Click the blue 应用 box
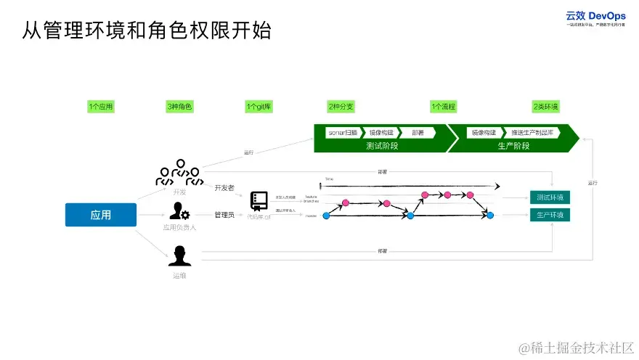click(101, 215)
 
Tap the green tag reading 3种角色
click(179, 107)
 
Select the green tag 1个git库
click(259, 107)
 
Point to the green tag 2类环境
click(545, 107)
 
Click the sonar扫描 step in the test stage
click(342, 133)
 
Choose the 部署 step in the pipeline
click(417, 133)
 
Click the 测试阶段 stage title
click(381, 145)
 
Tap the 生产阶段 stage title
click(513, 145)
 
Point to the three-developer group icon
click(179, 173)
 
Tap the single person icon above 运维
click(179, 255)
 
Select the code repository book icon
click(259, 201)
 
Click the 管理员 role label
click(224, 215)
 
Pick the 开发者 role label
click(224, 187)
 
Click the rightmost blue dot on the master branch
click(490, 216)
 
